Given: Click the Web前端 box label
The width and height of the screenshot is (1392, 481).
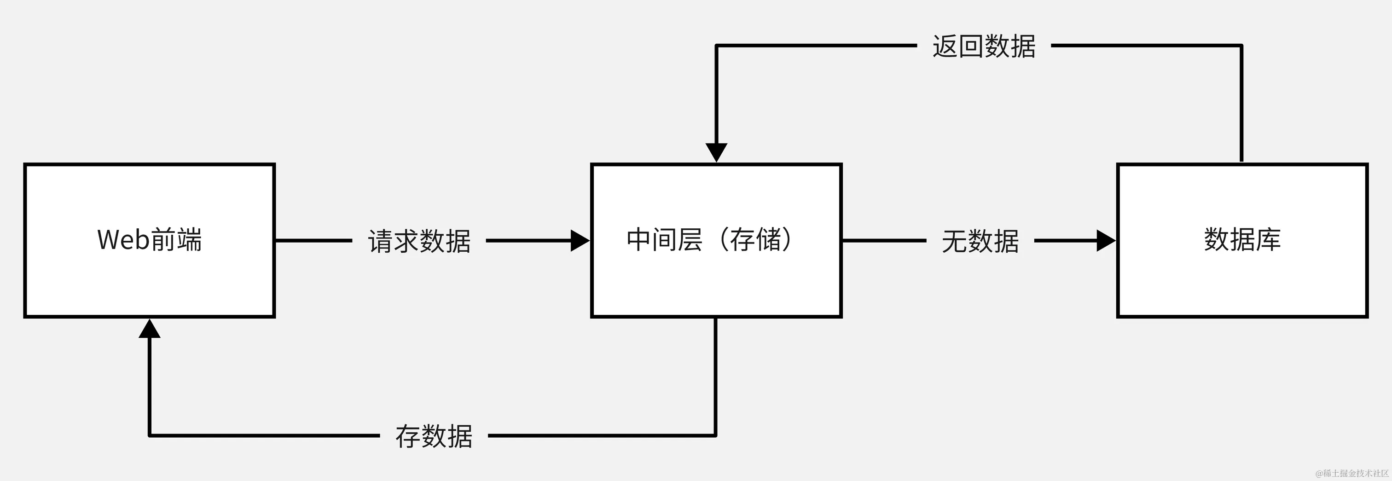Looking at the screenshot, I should pos(149,240).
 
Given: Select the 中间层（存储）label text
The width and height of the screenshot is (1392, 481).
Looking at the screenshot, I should pos(709,240).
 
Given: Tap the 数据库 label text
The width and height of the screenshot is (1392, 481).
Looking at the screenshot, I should pos(1242,240).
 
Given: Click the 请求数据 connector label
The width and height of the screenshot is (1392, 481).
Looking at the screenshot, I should pos(419,241).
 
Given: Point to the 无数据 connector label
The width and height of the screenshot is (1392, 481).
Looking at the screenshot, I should pos(980,241).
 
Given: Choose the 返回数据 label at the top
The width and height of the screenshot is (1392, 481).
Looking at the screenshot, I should pos(984,46).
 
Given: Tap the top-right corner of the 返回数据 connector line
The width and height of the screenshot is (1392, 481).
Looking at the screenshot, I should pos(1241,46).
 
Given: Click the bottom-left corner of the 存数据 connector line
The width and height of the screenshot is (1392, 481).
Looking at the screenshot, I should pos(150,435).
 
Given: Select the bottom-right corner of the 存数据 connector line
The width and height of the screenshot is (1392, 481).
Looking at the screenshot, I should pos(715,435).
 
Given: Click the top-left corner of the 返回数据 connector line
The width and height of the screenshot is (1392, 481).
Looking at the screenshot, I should pos(716,46).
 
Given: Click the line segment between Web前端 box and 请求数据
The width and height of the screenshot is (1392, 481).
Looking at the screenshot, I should pos(313,240).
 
